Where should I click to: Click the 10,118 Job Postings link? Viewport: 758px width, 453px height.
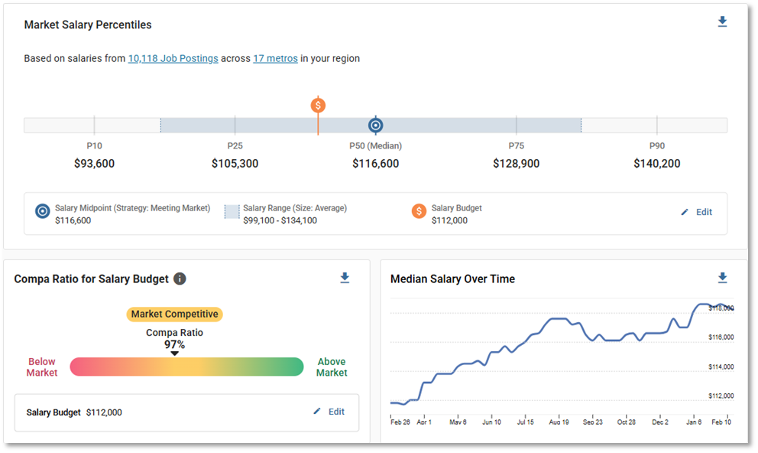click(173, 58)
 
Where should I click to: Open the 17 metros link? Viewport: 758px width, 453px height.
click(275, 58)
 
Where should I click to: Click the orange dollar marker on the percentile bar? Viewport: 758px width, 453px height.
click(318, 106)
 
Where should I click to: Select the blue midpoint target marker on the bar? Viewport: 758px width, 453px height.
click(375, 125)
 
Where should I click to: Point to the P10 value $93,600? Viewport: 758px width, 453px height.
click(94, 163)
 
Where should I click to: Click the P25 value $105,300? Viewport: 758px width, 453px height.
click(235, 163)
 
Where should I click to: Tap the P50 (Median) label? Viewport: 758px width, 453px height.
click(375, 145)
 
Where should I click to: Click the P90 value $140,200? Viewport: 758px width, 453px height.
click(656, 163)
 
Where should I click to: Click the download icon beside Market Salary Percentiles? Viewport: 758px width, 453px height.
click(722, 22)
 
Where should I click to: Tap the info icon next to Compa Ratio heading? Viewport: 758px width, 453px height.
click(180, 279)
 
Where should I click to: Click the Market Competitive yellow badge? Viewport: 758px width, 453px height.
click(174, 314)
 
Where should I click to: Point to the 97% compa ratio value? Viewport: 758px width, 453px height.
click(174, 344)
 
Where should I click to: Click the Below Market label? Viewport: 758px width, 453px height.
click(42, 367)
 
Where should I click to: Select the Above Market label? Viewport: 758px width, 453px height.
click(332, 367)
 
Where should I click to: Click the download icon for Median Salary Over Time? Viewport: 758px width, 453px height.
click(722, 278)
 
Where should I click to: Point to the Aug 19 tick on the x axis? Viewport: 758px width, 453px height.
click(559, 422)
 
